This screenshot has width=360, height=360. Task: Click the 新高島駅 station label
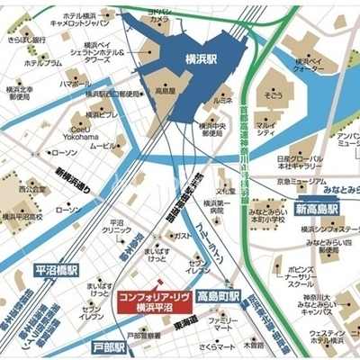tap(320, 209)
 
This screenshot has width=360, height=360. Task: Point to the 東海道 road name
tap(185, 321)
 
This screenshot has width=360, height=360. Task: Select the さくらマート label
tap(218, 346)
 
